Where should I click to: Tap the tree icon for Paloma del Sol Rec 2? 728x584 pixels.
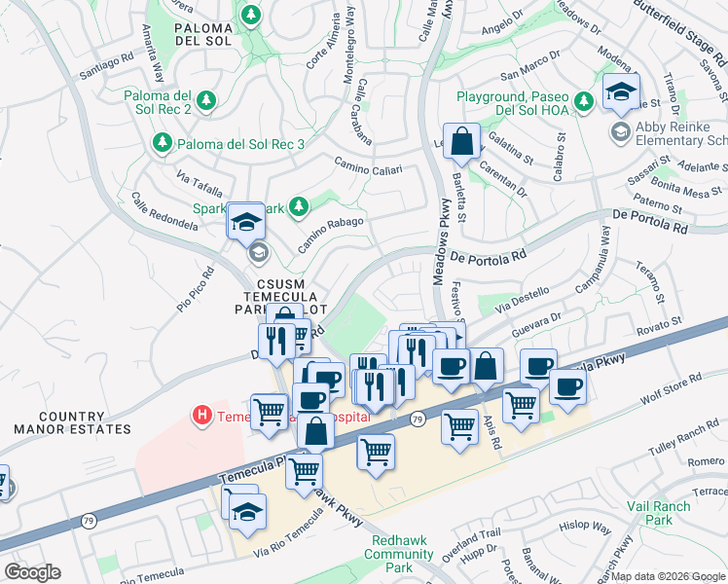pyautogui.click(x=205, y=100)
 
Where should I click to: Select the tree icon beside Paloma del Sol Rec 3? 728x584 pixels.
pyautogui.click(x=161, y=144)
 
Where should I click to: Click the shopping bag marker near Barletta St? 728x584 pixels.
pyautogui.click(x=462, y=141)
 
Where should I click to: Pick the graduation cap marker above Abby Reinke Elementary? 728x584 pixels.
pyautogui.click(x=620, y=92)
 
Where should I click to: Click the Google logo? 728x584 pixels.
pyautogui.click(x=32, y=572)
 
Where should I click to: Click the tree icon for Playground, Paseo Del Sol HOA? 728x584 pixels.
pyautogui.click(x=583, y=101)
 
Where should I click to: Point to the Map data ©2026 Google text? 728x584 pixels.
pyautogui.click(x=668, y=576)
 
